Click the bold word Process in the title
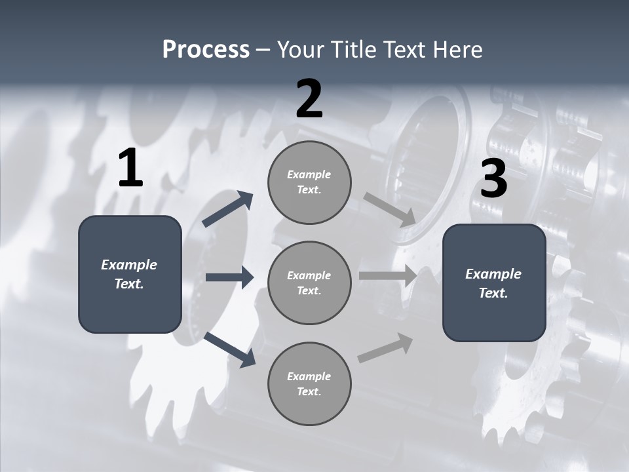pyautogui.click(x=206, y=50)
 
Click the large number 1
pyautogui.click(x=130, y=168)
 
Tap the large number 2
pyautogui.click(x=309, y=99)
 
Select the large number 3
pyautogui.click(x=493, y=179)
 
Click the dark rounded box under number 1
pyautogui.click(x=130, y=308)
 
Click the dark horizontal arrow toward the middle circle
pyautogui.click(x=229, y=277)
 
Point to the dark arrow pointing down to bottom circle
pyautogui.click(x=230, y=349)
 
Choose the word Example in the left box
pyautogui.click(x=129, y=265)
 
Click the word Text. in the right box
pyautogui.click(x=493, y=293)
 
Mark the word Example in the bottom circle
pyautogui.click(x=309, y=376)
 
